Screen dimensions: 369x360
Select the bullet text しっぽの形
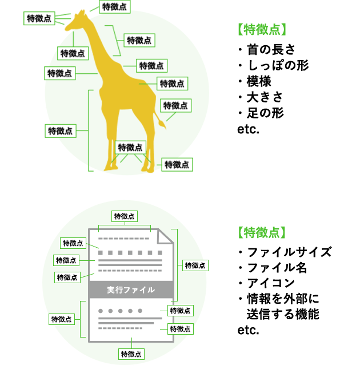point(278,65)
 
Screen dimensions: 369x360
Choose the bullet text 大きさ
point(265,97)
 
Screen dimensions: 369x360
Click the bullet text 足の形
point(266,113)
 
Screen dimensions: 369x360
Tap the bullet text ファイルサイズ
point(289,252)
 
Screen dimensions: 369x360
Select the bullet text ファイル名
point(277,268)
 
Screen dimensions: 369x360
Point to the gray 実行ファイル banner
point(131,290)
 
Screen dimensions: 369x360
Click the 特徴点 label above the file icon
point(125,216)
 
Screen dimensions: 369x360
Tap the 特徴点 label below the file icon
point(131,354)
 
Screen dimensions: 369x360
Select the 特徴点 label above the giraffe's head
point(115,7)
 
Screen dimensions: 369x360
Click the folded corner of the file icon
point(166,236)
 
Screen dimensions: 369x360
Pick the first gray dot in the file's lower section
point(101,311)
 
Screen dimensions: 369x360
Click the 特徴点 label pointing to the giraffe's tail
point(175,106)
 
